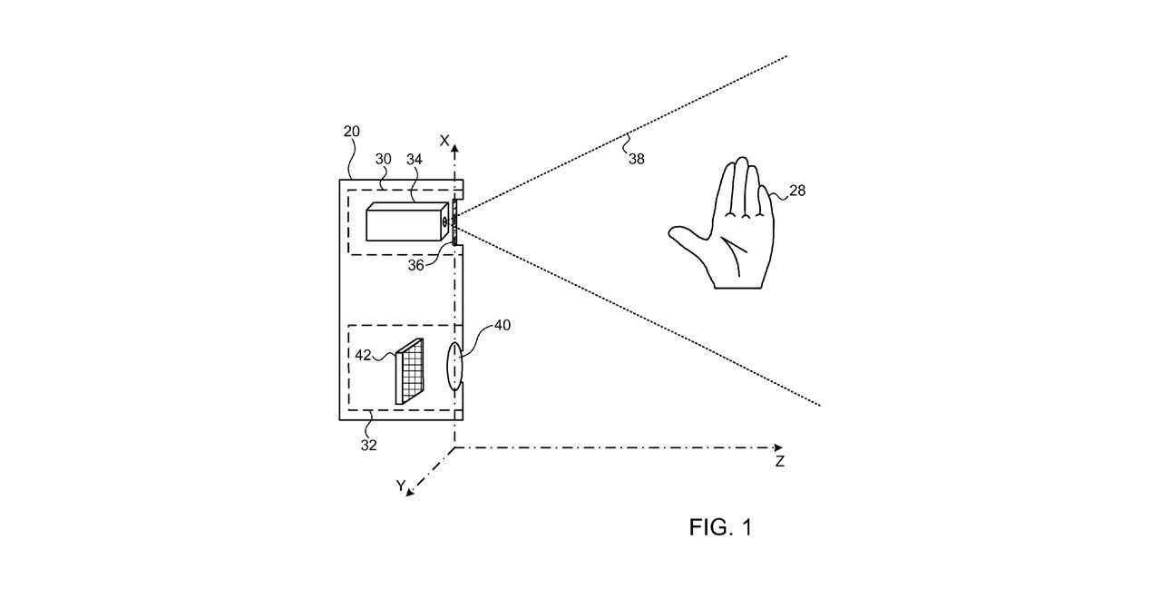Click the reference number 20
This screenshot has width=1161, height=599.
pos(351,132)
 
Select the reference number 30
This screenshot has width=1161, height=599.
pos(383,159)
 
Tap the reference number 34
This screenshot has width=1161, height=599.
pos(415,159)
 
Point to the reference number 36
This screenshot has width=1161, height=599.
pos(415,266)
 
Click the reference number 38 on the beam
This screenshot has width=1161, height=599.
pos(637,159)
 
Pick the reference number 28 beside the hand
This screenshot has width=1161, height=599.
pos(797,191)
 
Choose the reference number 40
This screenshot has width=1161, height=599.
pos(502,325)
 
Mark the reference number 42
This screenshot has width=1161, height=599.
pos(363,355)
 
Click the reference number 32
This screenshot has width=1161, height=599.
pos(368,445)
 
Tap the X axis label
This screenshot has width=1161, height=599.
pos(444,141)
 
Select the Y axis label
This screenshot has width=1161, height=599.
pos(401,486)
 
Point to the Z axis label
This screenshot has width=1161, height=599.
pos(779,461)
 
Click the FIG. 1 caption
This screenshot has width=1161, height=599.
pos(720,527)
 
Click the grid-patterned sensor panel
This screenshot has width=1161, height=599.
pos(409,371)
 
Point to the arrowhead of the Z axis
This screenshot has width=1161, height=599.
pos(778,447)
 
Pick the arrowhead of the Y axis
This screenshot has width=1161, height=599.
pos(409,492)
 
